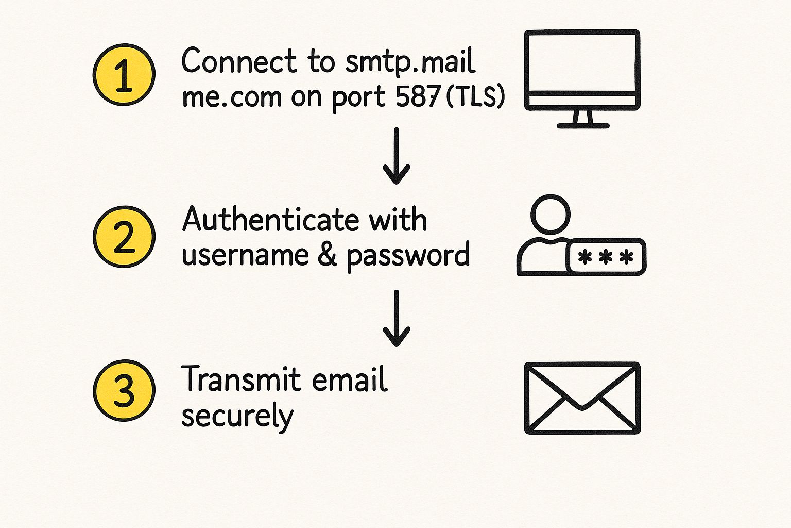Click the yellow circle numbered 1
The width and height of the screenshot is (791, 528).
[x=124, y=75]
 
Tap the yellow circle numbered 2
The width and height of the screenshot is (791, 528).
[x=124, y=237]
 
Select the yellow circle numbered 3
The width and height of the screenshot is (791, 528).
[x=124, y=390]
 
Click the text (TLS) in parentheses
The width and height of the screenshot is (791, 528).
[x=475, y=96]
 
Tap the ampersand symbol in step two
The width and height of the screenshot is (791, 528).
[x=328, y=255]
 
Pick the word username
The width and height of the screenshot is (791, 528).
[x=245, y=255]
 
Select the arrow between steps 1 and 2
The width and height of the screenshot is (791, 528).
[x=397, y=156]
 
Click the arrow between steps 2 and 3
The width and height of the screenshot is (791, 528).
[x=397, y=318]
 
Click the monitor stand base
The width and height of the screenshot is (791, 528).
[x=583, y=125]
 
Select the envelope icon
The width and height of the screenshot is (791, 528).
[x=582, y=398]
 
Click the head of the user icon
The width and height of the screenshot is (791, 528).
[x=551, y=213]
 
